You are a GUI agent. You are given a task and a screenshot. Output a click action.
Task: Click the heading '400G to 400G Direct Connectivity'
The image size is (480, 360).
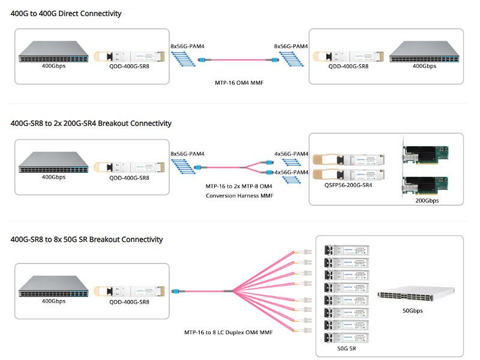tap(66, 13)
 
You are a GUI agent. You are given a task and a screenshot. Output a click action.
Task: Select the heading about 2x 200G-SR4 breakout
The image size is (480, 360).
tap(91, 123)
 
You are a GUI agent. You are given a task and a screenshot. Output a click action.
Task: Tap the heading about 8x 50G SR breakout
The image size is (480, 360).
tap(87, 239)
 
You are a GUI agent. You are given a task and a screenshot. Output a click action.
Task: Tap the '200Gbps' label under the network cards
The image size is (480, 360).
tap(427, 200)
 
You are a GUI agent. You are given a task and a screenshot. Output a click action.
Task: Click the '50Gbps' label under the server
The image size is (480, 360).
tap(413, 311)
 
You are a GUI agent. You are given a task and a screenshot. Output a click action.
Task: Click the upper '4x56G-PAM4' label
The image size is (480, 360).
tap(291, 154)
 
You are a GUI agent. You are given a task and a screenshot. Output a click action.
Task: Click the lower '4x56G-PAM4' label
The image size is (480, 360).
tap(291, 172)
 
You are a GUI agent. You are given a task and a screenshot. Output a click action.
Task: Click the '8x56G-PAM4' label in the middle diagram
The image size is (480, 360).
tap(187, 154)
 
